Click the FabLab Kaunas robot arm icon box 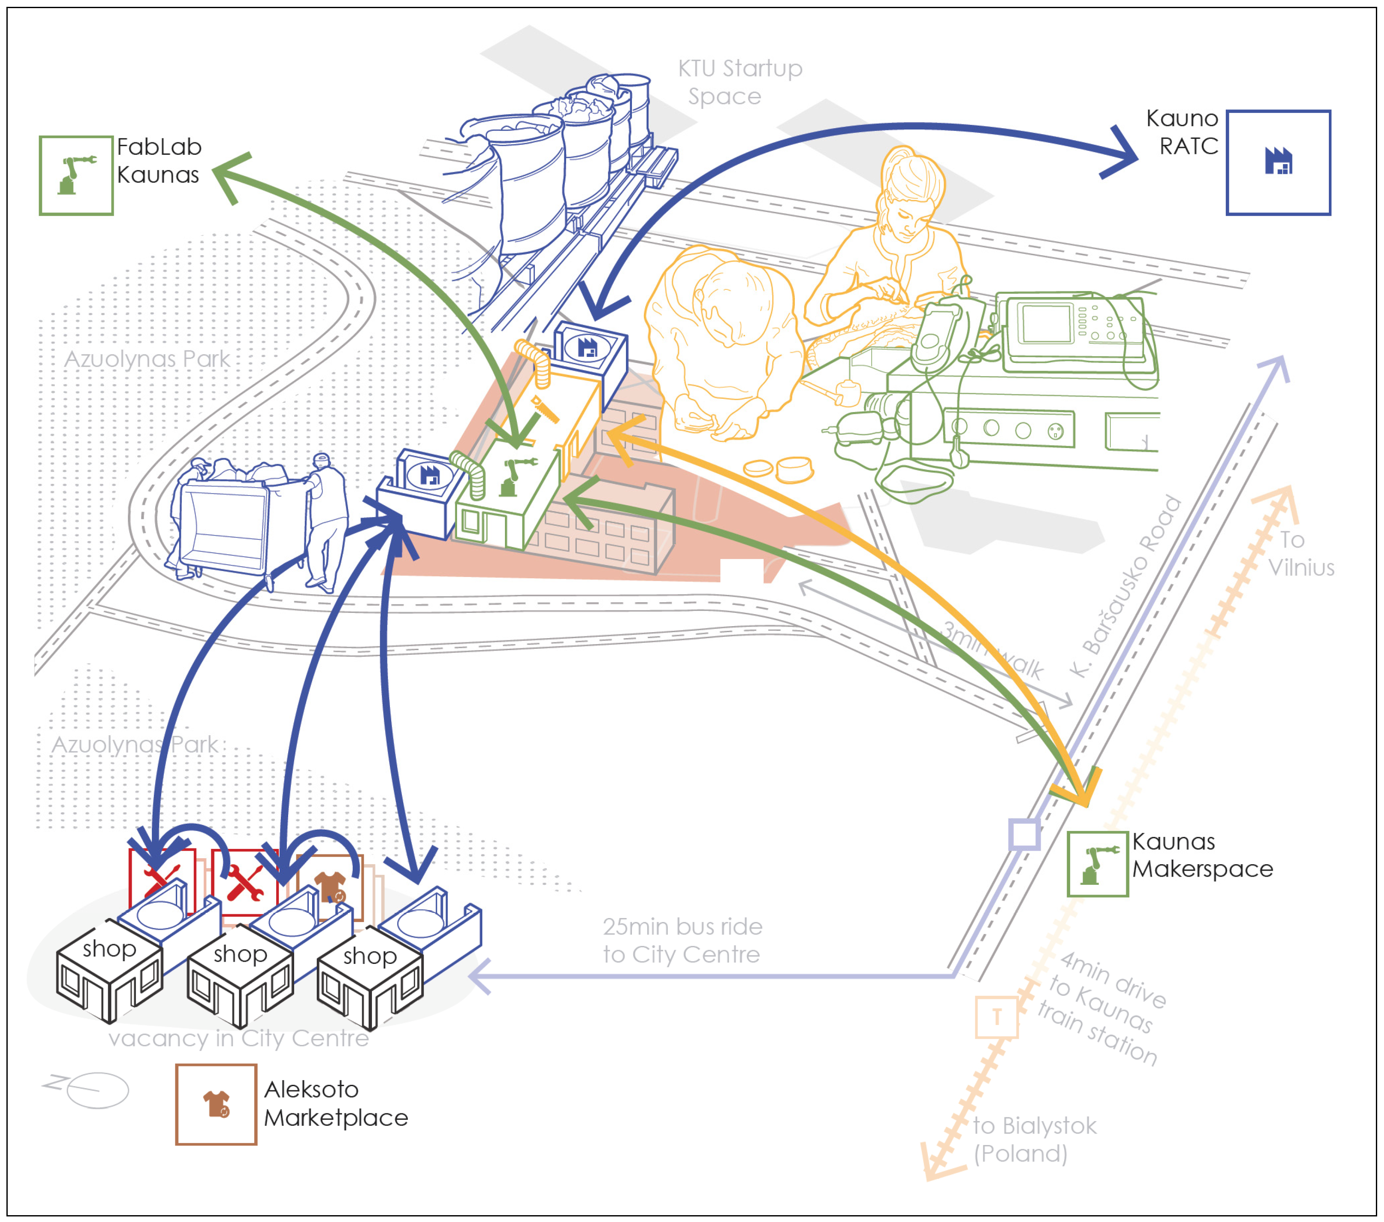[76, 175]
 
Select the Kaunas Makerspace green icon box [1097, 864]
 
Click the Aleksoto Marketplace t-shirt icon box [216, 1104]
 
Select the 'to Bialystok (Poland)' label [1033, 1140]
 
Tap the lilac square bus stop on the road [1024, 834]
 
